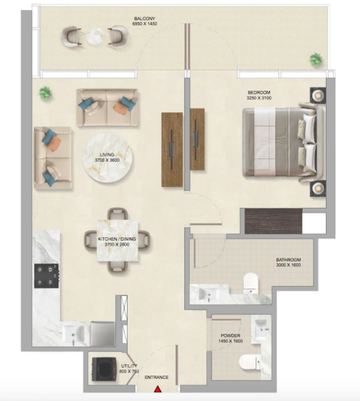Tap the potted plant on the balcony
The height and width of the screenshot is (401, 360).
coord(315,59)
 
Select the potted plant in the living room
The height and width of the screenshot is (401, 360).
coord(45,92)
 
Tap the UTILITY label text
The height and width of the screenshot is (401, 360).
coord(130,366)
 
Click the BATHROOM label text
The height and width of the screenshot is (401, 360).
coord(289,259)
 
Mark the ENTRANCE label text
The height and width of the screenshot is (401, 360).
coord(158,378)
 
